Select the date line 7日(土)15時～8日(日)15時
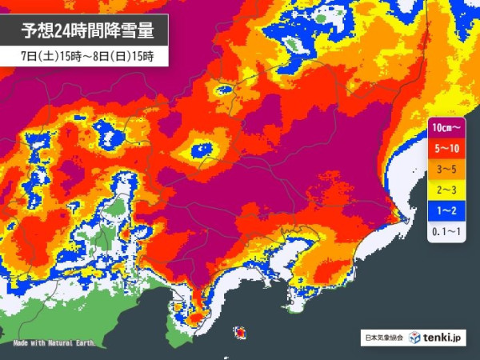(x=88, y=56)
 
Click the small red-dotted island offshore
(x=240, y=330)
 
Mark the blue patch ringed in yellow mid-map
(x=200, y=150)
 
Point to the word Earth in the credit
(x=83, y=343)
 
